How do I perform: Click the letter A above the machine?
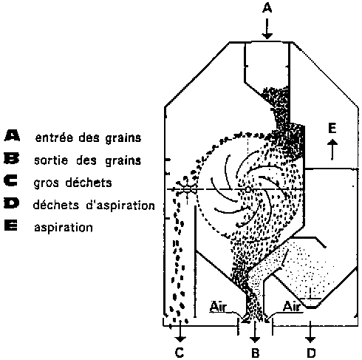click(x=267, y=8)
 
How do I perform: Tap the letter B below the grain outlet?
click(x=256, y=353)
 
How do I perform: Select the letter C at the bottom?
click(x=180, y=353)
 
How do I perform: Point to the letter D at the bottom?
click(x=311, y=353)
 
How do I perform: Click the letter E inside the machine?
click(x=332, y=129)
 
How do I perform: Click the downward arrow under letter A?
click(x=267, y=29)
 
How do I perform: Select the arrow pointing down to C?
click(x=180, y=331)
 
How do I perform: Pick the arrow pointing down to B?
click(x=255, y=332)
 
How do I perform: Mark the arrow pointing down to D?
click(x=310, y=332)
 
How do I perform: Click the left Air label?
click(x=218, y=307)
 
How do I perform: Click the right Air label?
click(x=293, y=307)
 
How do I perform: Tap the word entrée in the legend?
click(x=55, y=137)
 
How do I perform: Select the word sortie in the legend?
click(x=51, y=160)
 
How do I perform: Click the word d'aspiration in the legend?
click(x=120, y=206)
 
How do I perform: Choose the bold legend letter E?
click(x=11, y=225)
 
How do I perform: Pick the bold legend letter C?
click(x=11, y=180)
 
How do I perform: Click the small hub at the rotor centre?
click(x=248, y=189)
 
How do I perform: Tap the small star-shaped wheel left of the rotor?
click(x=187, y=189)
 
